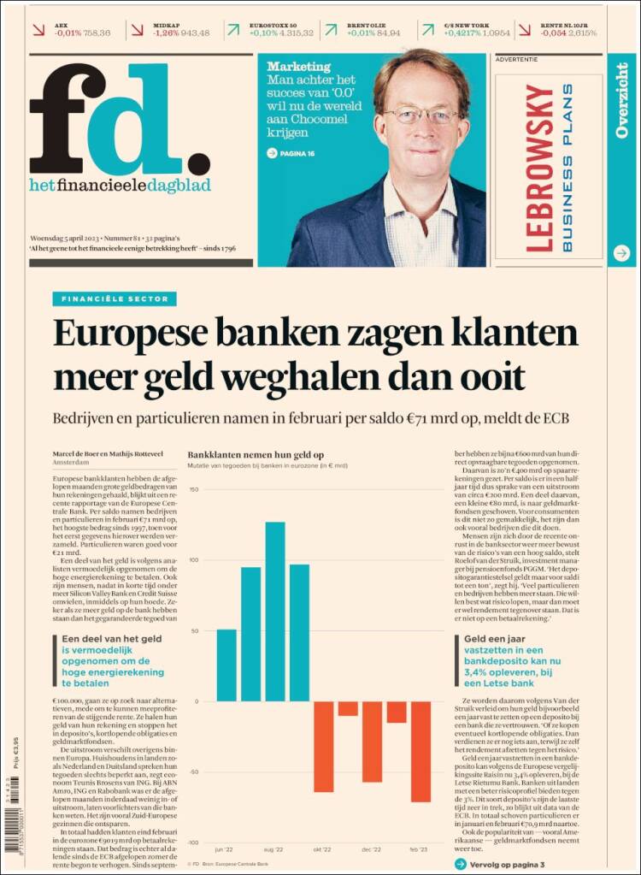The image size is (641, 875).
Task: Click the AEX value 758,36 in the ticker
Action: pyautogui.click(x=93, y=33)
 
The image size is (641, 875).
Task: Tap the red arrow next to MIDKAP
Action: pyautogui.click(x=137, y=30)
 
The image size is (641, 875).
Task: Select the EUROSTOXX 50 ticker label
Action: pyautogui.click(x=273, y=26)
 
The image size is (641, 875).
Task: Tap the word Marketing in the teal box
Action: pyautogui.click(x=298, y=66)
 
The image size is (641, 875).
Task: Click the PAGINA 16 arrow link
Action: pyautogui.click(x=291, y=153)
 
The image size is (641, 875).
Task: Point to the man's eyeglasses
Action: pyautogui.click(x=420, y=115)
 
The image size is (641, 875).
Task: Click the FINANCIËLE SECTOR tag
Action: pyautogui.click(x=115, y=299)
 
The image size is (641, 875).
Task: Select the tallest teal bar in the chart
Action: pyautogui.click(x=274, y=611)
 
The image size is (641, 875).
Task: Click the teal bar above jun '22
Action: pyautogui.click(x=226, y=665)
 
